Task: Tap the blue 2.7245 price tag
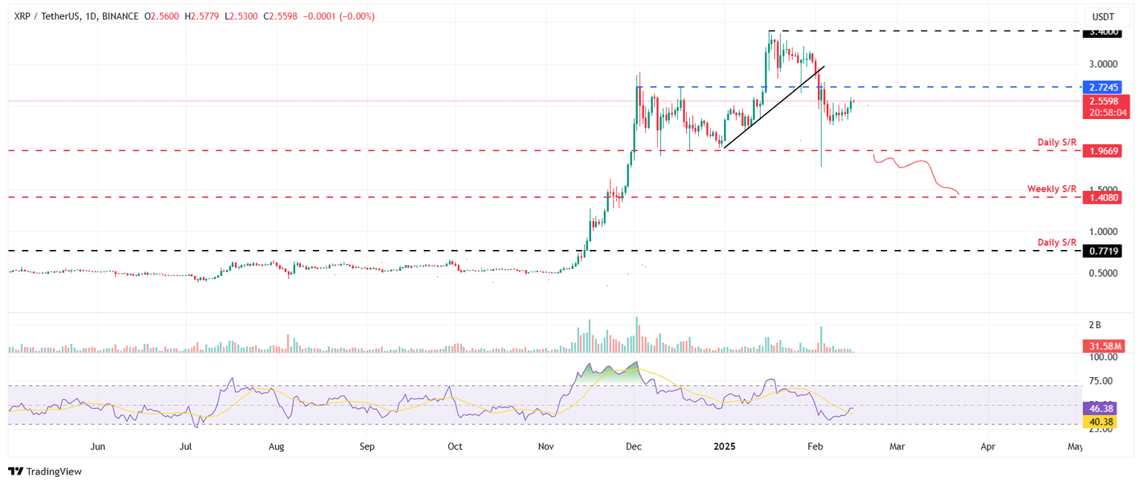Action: pyautogui.click(x=1104, y=87)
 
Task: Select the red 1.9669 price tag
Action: pyautogui.click(x=1104, y=150)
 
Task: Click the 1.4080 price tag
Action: pyautogui.click(x=1104, y=198)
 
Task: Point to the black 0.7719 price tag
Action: pyautogui.click(x=1104, y=251)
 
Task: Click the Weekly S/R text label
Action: pyautogui.click(x=1051, y=189)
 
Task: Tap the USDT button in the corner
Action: pyautogui.click(x=1103, y=16)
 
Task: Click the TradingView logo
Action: pyautogui.click(x=45, y=472)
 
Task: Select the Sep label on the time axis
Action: pyautogui.click(x=366, y=447)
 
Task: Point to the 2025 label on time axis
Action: pyautogui.click(x=724, y=447)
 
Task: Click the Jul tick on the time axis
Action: pyautogui.click(x=187, y=447)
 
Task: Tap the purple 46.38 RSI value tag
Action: pyautogui.click(x=1104, y=409)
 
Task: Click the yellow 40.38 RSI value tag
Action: pyautogui.click(x=1104, y=422)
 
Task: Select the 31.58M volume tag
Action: pyautogui.click(x=1104, y=347)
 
